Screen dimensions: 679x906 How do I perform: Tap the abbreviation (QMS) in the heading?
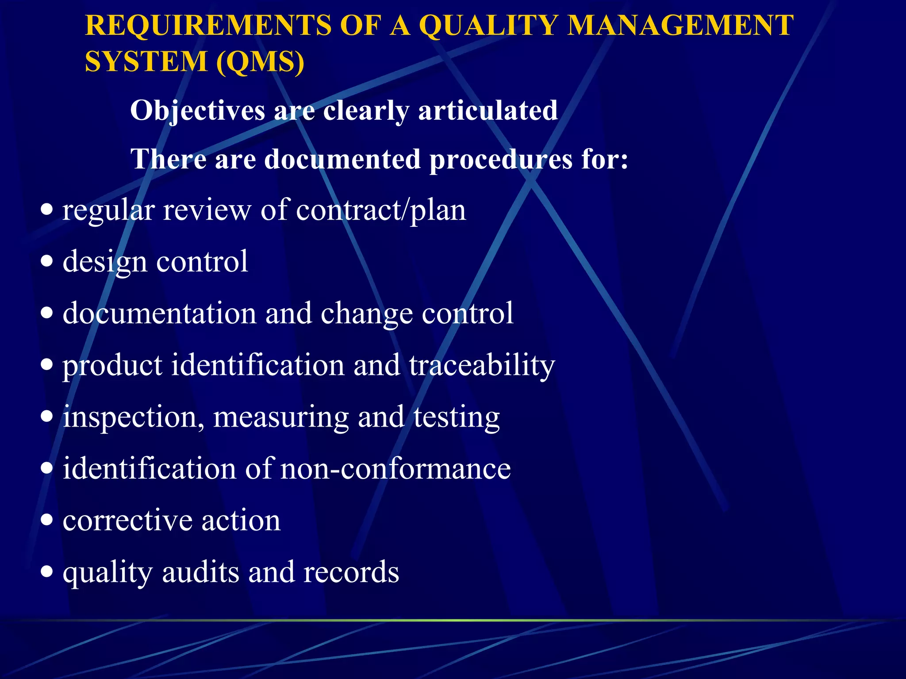[x=261, y=61]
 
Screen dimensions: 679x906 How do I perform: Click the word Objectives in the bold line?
[x=197, y=111]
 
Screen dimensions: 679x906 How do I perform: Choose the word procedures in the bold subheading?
[x=501, y=159]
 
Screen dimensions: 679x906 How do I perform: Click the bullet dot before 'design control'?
[x=46, y=261]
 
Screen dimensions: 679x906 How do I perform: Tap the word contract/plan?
[x=381, y=210]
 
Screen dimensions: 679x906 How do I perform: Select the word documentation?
[x=160, y=313]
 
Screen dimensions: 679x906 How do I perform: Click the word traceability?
[x=482, y=366]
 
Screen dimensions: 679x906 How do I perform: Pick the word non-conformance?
[x=395, y=469]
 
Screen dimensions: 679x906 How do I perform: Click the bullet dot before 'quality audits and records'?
[x=46, y=572]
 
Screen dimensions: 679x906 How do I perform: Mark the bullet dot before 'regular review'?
[x=46, y=209]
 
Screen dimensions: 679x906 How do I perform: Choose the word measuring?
[x=281, y=417]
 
